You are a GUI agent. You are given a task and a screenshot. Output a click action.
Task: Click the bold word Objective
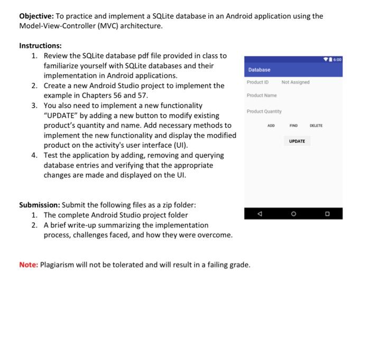36,16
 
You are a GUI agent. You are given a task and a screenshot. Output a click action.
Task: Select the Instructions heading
40,46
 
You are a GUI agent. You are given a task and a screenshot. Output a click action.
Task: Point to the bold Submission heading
39,205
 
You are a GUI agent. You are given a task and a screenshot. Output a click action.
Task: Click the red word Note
29,264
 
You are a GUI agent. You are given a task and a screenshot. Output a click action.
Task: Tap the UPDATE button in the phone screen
297,141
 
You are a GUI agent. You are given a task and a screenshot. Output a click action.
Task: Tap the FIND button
293,126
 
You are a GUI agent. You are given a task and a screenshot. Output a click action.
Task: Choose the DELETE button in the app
316,126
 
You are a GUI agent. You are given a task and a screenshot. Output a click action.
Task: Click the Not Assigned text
295,82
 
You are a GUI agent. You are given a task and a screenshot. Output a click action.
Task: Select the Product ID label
257,82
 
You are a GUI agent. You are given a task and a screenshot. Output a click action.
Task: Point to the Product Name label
261,96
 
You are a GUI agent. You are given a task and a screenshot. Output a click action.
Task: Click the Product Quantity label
264,111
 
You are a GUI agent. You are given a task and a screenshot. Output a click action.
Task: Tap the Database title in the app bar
259,70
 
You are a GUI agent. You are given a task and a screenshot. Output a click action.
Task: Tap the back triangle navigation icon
259,214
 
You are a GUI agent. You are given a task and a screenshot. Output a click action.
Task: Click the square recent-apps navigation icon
327,214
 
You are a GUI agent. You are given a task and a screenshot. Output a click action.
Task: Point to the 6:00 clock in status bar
337,59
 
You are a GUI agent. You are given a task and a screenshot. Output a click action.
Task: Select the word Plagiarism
59,264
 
